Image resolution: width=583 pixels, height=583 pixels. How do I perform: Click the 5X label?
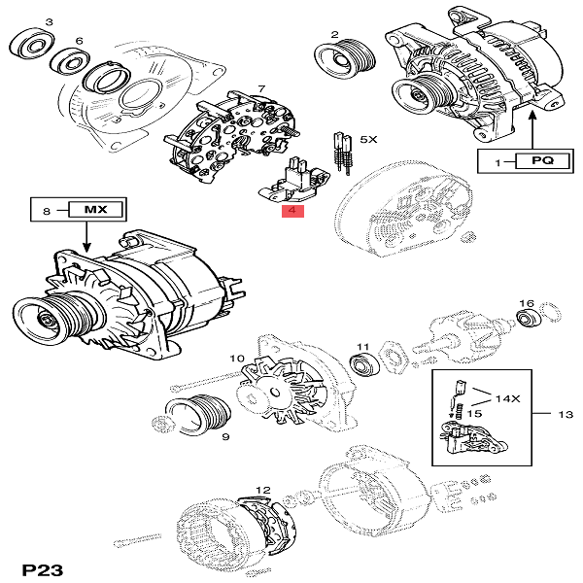[367, 140]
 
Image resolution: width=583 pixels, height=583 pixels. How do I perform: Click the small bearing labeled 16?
[528, 320]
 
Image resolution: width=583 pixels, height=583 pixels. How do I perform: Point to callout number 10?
[236, 359]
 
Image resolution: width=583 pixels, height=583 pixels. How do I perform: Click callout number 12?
[262, 490]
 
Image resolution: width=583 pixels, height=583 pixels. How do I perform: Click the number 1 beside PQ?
[497, 162]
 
